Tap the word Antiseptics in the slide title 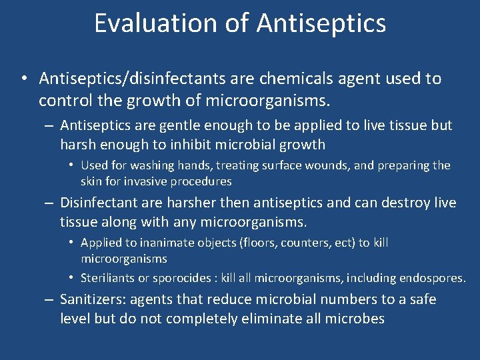tap(321, 23)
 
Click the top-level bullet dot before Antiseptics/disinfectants tap(23, 79)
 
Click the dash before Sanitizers tap(49, 300)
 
